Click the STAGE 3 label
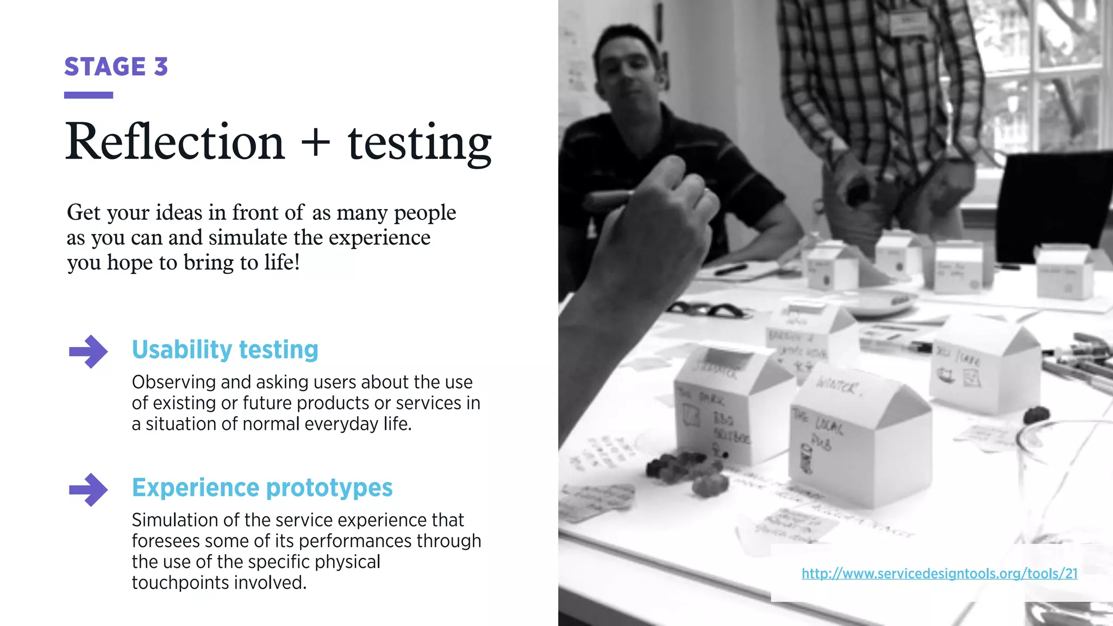coord(116,67)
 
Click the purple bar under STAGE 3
coord(88,96)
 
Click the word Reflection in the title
coord(175,142)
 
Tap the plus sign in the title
coord(315,142)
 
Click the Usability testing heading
coord(225,349)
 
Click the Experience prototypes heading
coord(262,487)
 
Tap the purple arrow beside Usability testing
coord(88,352)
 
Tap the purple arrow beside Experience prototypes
coord(88,490)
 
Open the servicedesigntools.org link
coord(939,574)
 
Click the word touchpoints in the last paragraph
coord(175,583)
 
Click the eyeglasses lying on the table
coord(706,310)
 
